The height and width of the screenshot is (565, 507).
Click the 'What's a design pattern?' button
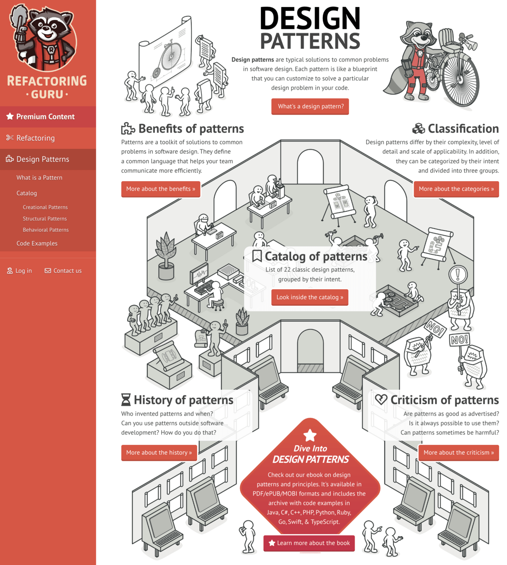(310, 106)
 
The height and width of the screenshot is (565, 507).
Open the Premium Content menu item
(45, 117)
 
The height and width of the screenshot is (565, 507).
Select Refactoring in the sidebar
(36, 138)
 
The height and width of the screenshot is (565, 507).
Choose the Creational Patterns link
(45, 207)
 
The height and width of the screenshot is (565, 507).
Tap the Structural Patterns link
(45, 218)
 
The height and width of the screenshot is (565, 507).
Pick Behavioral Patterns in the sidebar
(46, 230)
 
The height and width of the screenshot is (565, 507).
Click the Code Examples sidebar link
(37, 243)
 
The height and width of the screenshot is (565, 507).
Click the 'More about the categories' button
(456, 189)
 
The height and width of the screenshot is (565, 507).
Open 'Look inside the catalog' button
(310, 297)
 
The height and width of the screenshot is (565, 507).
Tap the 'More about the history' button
(159, 452)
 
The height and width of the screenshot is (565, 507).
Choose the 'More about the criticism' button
(458, 452)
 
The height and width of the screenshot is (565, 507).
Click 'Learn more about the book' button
(309, 543)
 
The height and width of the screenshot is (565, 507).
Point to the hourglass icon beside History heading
(126, 400)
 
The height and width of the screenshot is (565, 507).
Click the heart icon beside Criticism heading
(381, 400)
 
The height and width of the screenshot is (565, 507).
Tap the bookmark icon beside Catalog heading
(257, 256)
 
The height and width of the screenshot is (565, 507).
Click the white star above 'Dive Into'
(310, 435)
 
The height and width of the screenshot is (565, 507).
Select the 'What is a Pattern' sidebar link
(39, 177)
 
